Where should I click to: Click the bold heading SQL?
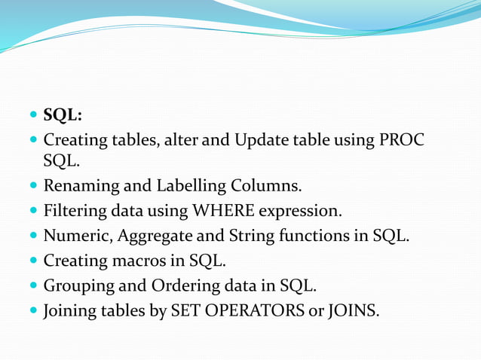coord(63,115)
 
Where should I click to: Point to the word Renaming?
coord(78,185)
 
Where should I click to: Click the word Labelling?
coord(192,185)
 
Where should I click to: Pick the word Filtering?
coord(74,210)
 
